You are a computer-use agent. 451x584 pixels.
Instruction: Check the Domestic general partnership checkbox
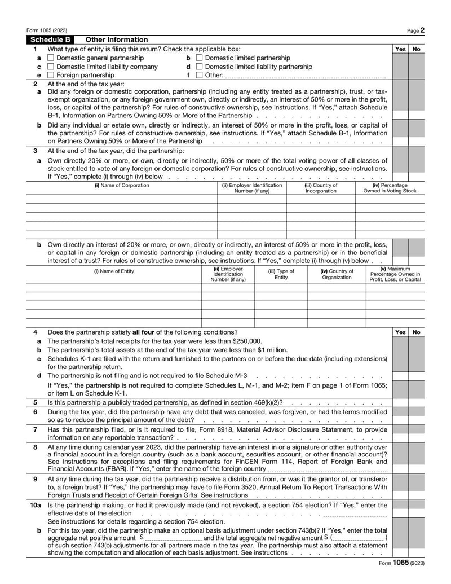coord(51,58)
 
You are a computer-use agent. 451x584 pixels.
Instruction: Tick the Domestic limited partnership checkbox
coord(199,58)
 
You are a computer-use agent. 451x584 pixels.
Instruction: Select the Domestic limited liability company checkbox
coord(51,67)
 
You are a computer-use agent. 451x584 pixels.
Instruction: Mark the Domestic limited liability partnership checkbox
coord(199,67)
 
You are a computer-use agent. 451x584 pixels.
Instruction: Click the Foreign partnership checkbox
coord(51,75)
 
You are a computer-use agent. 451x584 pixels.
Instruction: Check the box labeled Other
coord(199,75)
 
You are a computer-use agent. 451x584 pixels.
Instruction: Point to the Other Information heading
coord(116,40)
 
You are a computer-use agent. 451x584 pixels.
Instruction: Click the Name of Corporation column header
coord(121,186)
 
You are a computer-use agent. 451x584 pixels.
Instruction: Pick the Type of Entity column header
coord(281,274)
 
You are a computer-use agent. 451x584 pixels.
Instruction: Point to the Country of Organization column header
coord(337,274)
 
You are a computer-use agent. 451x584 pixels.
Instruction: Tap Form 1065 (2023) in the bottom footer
coord(401,563)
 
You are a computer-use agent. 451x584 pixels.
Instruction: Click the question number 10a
coord(36,505)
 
